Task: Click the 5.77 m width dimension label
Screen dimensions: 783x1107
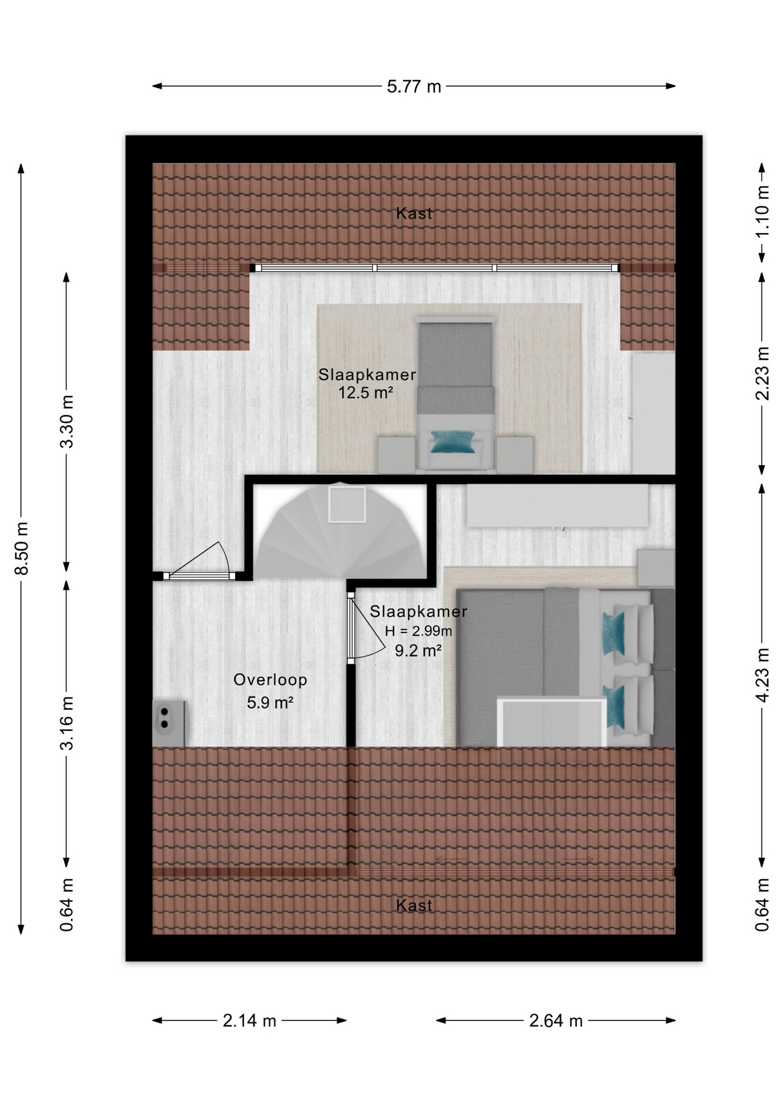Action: point(414,86)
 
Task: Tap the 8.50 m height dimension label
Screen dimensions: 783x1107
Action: point(22,548)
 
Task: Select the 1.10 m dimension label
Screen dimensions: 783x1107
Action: point(762,211)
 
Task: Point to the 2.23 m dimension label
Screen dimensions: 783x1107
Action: point(762,373)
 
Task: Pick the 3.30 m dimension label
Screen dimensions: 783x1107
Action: point(67,421)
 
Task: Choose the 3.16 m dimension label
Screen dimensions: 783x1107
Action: point(67,723)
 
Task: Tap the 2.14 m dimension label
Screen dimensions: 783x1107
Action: point(250,1021)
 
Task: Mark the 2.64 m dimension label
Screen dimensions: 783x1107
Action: point(556,1021)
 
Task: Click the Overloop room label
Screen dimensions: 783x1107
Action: point(270,680)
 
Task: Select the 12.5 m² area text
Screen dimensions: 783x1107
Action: point(366,393)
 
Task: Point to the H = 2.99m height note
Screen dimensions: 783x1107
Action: point(419,631)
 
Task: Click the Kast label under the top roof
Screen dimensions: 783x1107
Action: point(414,213)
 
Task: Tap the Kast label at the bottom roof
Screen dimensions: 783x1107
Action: point(414,905)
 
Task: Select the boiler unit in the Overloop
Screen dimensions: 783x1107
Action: point(168,723)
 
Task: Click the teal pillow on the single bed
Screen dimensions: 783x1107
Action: point(453,442)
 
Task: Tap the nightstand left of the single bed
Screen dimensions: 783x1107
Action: point(396,455)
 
